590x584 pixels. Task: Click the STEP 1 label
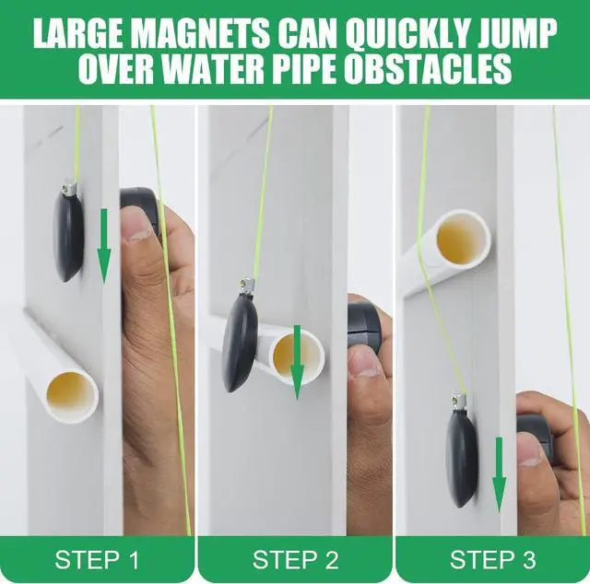click(x=98, y=559)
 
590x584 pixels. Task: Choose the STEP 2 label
click(x=295, y=559)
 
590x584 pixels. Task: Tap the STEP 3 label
click(x=492, y=559)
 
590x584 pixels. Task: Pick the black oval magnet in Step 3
click(x=461, y=457)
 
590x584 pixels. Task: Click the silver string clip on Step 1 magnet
click(x=68, y=187)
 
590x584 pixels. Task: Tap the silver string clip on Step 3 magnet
click(x=458, y=402)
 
